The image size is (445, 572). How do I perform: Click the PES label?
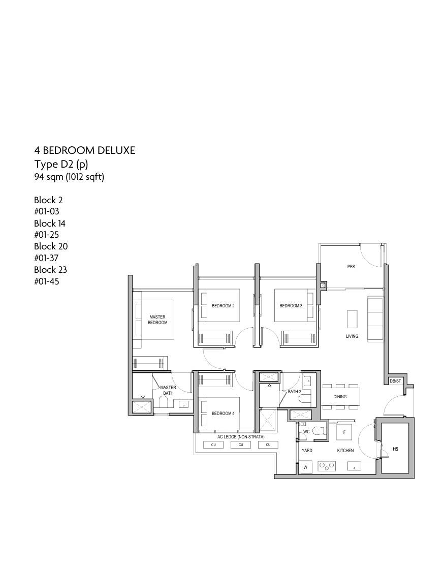click(x=351, y=267)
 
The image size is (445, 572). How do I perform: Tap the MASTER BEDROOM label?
click(x=157, y=320)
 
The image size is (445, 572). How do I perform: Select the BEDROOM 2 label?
click(x=223, y=306)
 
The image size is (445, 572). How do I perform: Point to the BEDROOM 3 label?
click(x=291, y=306)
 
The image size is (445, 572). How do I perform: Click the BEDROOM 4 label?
click(x=223, y=414)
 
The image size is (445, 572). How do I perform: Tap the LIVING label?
click(x=352, y=336)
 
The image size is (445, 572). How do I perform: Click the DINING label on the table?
click(x=340, y=397)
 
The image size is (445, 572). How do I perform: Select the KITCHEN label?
click(x=345, y=451)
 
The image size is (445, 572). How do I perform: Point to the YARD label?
click(x=307, y=451)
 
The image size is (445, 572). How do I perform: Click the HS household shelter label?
click(x=396, y=449)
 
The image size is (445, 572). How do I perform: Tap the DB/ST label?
click(x=395, y=381)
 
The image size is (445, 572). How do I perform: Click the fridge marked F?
click(x=344, y=432)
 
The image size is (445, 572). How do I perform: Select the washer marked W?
click(x=305, y=467)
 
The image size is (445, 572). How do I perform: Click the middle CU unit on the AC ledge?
click(x=241, y=444)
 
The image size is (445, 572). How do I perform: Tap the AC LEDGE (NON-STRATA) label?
click(x=241, y=437)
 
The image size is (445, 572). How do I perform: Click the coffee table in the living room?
click(x=352, y=320)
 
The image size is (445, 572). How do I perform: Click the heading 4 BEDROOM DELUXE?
click(x=85, y=150)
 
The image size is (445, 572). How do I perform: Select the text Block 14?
click(x=50, y=223)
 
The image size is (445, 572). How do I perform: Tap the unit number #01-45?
click(x=47, y=281)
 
